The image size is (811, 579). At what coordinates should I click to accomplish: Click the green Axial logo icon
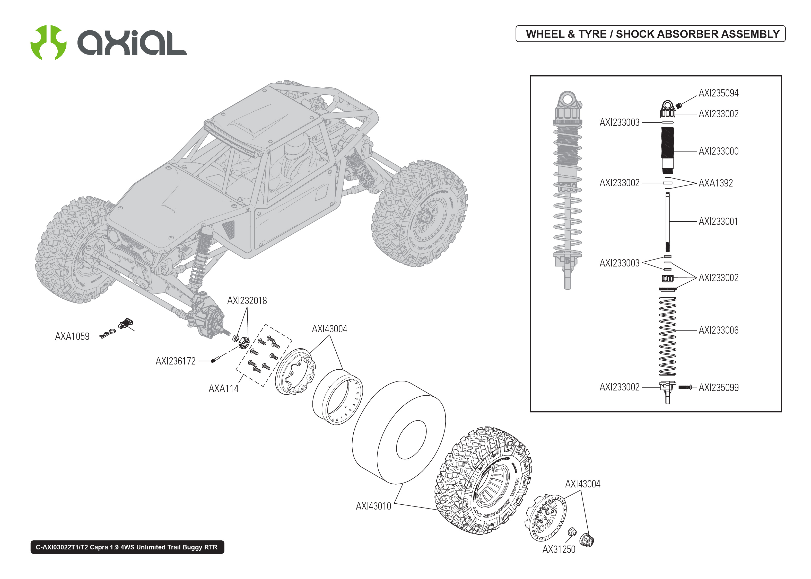[x=48, y=42]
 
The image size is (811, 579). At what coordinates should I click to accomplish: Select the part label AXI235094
[x=718, y=93]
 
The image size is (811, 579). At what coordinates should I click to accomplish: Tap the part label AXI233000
[x=718, y=151]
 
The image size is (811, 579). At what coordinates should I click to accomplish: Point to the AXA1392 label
[x=716, y=183]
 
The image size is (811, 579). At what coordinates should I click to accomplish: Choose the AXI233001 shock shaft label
[x=718, y=221]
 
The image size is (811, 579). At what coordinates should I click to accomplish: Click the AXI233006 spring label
[x=718, y=331]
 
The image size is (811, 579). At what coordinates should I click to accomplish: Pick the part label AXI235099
[x=718, y=388]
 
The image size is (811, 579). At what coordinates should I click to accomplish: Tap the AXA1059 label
[x=72, y=336]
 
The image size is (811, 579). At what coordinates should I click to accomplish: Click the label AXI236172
[x=176, y=361]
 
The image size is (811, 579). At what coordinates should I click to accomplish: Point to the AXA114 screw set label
[x=224, y=389]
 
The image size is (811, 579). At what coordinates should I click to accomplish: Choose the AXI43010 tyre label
[x=373, y=506]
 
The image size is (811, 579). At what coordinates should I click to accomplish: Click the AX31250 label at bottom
[x=559, y=549]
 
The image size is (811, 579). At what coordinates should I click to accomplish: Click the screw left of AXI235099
[x=685, y=387]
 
